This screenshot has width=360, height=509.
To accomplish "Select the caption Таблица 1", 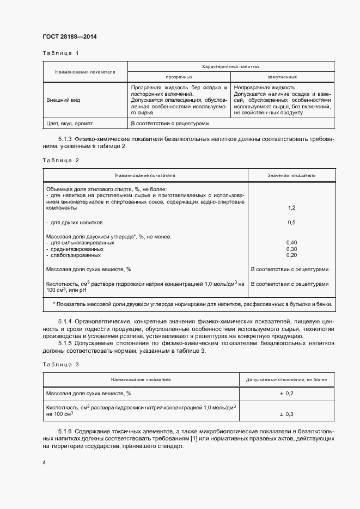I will pyautogui.click(x=60, y=53).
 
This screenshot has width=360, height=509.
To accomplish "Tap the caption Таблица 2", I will pyautogui.click(x=60, y=161).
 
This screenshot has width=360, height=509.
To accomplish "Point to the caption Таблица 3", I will pyautogui.click(x=60, y=364).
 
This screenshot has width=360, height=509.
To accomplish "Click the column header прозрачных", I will pyautogui.click(x=179, y=77).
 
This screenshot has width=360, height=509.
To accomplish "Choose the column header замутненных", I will pyautogui.click(x=282, y=77).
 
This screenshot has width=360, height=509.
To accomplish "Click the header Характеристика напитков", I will pyautogui.click(x=230, y=66).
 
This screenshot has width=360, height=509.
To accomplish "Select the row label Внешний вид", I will pyautogui.click(x=59, y=100).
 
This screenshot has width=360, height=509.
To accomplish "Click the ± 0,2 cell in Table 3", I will pyautogui.click(x=286, y=393).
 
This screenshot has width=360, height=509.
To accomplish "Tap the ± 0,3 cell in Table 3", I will pyautogui.click(x=286, y=414).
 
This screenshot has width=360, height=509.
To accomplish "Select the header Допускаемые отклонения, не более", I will pyautogui.click(x=286, y=378).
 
